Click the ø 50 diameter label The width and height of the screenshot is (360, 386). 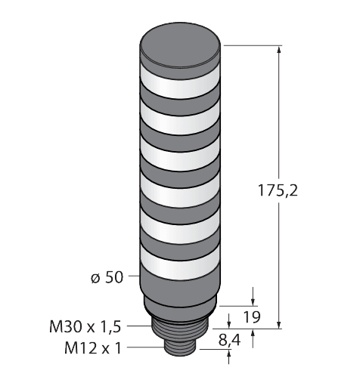[x=106, y=278]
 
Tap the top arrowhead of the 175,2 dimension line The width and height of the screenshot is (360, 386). [x=281, y=51]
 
